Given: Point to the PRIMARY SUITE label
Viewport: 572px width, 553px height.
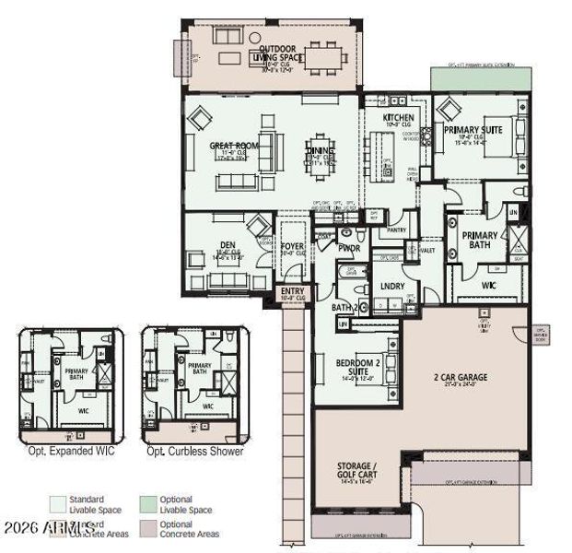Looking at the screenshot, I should coord(473,131).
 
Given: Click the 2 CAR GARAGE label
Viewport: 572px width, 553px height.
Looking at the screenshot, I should coord(460,378).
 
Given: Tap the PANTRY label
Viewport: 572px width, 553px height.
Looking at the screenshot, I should coord(396,229).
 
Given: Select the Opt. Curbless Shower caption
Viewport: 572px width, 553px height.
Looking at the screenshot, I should coord(194,451).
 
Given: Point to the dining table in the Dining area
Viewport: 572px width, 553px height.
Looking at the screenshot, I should coord(318,156).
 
